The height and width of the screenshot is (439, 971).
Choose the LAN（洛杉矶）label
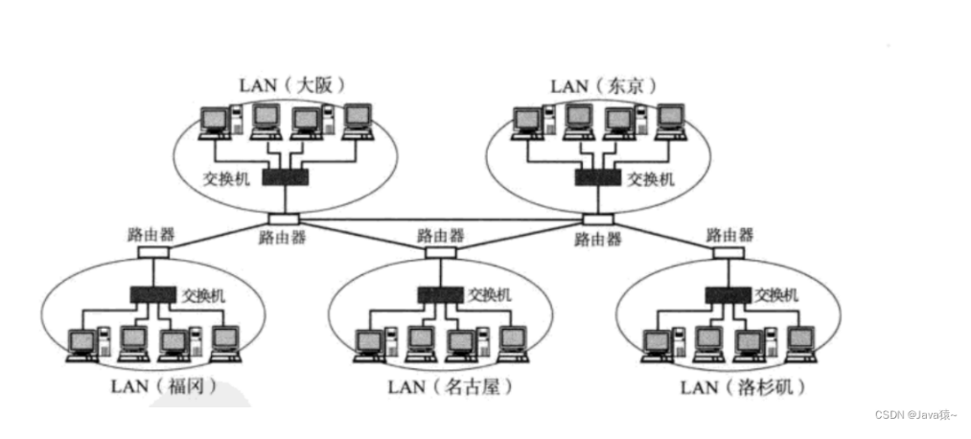point(741,387)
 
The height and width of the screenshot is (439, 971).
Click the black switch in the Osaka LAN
point(286,177)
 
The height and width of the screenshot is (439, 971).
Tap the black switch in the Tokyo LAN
point(597,177)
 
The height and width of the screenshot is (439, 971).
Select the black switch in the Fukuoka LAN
point(151,294)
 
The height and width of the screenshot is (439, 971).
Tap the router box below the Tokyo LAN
point(598,219)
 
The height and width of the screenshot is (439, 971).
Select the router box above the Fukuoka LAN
point(152,252)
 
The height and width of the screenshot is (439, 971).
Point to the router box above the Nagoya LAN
point(440,252)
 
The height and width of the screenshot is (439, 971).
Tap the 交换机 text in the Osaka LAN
point(226,178)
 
